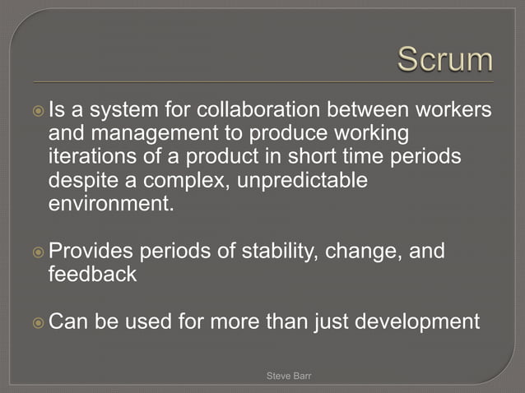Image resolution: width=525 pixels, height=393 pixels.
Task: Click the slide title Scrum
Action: tap(445, 60)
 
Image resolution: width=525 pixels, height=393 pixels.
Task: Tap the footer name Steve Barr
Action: tap(289, 376)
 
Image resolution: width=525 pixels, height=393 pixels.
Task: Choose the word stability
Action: tap(271, 251)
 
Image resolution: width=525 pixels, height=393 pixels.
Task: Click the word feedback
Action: tap(93, 275)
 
